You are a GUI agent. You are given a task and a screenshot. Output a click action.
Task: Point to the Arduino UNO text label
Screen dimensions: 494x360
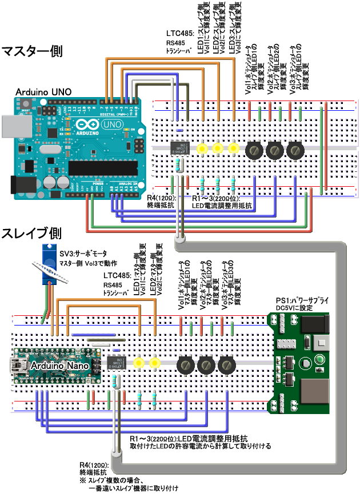[43, 92]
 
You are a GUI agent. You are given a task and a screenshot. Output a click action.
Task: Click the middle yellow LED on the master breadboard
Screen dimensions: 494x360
[217, 148]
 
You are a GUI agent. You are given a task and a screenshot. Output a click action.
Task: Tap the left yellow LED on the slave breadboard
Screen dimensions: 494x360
[138, 363]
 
